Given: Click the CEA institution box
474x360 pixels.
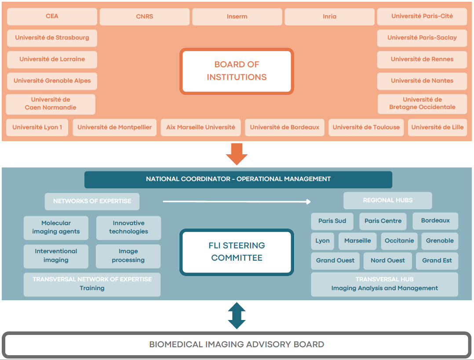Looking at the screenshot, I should pyautogui.click(x=52, y=16).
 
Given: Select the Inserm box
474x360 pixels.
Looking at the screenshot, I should pyautogui.click(x=237, y=17).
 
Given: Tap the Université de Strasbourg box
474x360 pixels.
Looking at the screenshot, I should pyautogui.click(x=52, y=38).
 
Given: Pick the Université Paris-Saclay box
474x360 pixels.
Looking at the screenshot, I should pyautogui.click(x=422, y=38).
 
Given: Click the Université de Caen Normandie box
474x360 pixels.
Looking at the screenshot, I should pyautogui.click(x=51, y=104).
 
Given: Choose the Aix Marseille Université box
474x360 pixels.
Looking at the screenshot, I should pyautogui.click(x=201, y=127).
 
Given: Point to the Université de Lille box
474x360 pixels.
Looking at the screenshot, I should pyautogui.click(x=437, y=127).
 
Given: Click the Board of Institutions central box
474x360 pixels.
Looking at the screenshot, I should pyautogui.click(x=237, y=71).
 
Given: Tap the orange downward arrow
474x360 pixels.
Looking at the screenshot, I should pyautogui.click(x=237, y=154).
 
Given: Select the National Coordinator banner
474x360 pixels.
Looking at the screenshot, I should pyautogui.click(x=238, y=179).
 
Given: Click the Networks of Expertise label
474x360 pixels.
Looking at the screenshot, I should pyautogui.click(x=92, y=201).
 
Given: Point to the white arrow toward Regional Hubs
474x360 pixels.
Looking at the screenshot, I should pyautogui.click(x=237, y=201).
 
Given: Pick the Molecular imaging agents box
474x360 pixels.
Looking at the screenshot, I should pyautogui.click(x=56, y=227).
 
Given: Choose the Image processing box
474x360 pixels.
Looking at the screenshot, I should pyautogui.click(x=128, y=256).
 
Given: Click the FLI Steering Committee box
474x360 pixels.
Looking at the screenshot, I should pyautogui.click(x=237, y=252).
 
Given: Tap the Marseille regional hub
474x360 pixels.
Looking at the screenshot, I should pyautogui.click(x=357, y=241).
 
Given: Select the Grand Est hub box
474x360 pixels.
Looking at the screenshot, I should pyautogui.click(x=437, y=261).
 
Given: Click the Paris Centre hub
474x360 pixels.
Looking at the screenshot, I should pyautogui.click(x=383, y=221).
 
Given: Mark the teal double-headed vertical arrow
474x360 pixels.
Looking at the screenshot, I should pyautogui.click(x=237, y=316).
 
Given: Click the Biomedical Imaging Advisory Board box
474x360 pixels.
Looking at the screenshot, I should pyautogui.click(x=237, y=345).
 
